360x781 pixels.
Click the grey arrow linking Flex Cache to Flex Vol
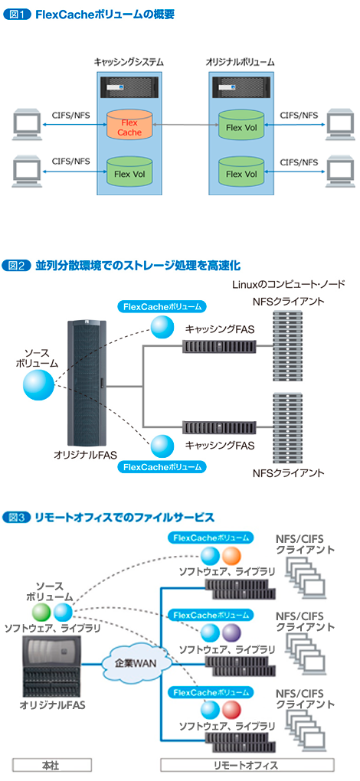(x=182, y=123)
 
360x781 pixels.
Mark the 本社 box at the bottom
(x=51, y=765)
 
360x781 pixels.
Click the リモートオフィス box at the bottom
(x=247, y=765)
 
